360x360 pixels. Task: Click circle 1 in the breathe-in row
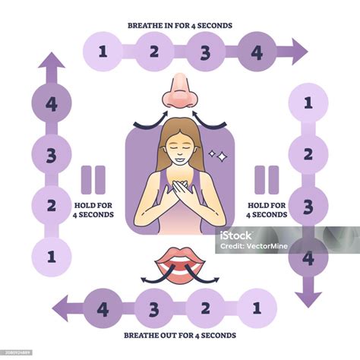[x=103, y=52]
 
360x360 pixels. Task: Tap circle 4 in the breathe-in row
[x=257, y=52]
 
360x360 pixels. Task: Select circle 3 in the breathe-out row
[x=154, y=308]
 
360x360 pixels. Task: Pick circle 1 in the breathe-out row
[x=257, y=308]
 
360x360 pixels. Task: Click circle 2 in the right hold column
[x=308, y=154]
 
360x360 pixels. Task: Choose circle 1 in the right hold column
[x=308, y=103]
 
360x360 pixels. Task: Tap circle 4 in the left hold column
[x=52, y=103]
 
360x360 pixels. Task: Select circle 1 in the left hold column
[x=52, y=257]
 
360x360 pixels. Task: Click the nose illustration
[x=180, y=90]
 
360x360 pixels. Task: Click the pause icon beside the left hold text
[x=93, y=180]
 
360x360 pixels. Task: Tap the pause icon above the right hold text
[x=267, y=180]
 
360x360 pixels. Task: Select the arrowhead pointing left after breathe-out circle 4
[x=60, y=308]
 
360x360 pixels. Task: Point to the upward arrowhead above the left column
[x=52, y=60]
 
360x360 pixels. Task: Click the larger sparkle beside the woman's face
[x=223, y=157]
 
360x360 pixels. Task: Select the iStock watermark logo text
[x=235, y=235]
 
